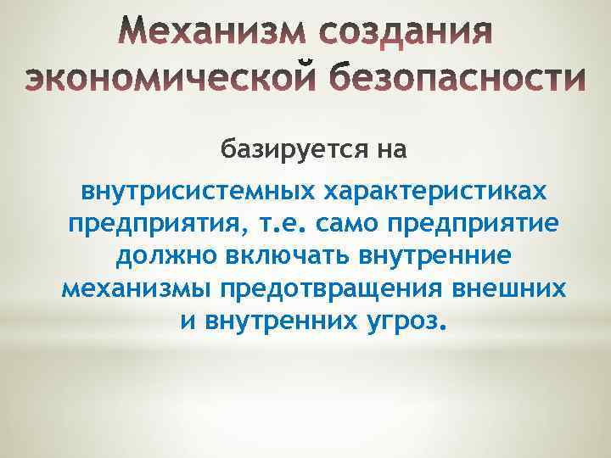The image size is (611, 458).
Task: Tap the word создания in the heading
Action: pyautogui.click(x=406, y=36)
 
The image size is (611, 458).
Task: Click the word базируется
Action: pyautogui.click(x=279, y=150)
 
